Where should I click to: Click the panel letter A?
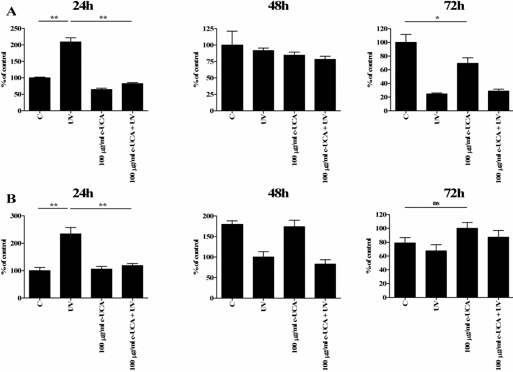click(11, 12)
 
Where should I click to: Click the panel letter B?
click(11, 198)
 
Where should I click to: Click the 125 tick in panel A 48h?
click(207, 29)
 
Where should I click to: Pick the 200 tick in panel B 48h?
click(207, 216)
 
